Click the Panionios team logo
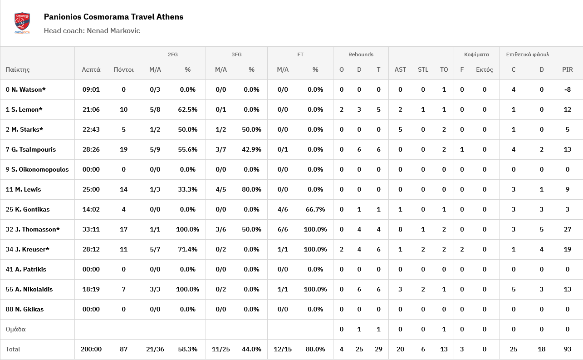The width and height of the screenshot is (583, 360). click(22, 23)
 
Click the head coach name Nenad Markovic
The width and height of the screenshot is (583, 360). click(92, 31)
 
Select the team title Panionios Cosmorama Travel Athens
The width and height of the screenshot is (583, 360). click(113, 17)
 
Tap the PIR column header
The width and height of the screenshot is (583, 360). click(567, 69)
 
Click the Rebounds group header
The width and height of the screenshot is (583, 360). click(361, 54)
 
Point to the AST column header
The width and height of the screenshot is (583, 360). click(400, 69)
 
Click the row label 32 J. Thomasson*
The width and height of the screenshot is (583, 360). click(33, 229)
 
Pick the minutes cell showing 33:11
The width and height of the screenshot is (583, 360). click(91, 229)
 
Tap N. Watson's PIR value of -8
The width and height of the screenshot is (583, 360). click(567, 89)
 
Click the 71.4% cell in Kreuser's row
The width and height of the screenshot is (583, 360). click(187, 249)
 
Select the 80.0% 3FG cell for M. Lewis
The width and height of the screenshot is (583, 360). click(251, 189)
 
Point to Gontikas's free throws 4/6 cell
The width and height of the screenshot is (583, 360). click(283, 209)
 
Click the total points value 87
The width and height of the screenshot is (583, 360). click(123, 349)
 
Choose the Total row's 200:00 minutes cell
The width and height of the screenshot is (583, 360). click(92, 349)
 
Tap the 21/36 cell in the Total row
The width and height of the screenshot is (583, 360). click(155, 349)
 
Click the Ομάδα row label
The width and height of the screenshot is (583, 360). click(15, 329)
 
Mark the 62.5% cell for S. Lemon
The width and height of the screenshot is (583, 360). click(187, 109)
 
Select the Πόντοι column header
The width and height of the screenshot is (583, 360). click(123, 69)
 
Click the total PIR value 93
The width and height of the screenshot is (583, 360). click(567, 349)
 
